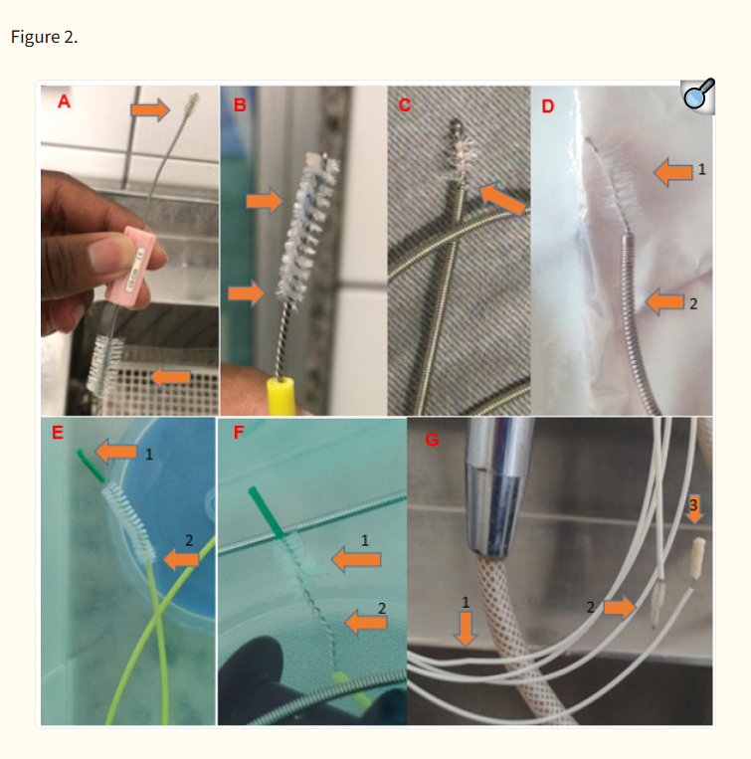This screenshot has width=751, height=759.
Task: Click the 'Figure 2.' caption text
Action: click(x=44, y=37)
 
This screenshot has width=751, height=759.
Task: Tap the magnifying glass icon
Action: click(x=697, y=95)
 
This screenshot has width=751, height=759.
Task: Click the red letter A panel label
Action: click(x=64, y=101)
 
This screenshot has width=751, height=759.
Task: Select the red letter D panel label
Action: click(x=547, y=106)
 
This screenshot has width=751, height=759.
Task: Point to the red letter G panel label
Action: click(x=432, y=440)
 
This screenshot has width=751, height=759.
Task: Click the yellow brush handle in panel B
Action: click(x=281, y=396)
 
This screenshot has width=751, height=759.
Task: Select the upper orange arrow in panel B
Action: click(x=265, y=200)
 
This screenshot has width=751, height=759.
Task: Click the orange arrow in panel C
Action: click(x=502, y=199)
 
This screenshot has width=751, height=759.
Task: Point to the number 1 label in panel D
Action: click(x=701, y=170)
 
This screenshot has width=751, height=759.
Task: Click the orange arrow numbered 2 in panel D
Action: click(x=665, y=301)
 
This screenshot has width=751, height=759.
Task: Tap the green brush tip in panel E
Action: click(x=90, y=466)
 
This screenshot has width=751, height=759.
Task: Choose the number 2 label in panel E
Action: click(x=189, y=540)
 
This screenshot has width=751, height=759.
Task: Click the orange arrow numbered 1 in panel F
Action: click(x=356, y=560)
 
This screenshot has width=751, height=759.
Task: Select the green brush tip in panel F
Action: click(x=267, y=512)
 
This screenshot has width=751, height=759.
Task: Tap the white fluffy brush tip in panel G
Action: click(x=697, y=558)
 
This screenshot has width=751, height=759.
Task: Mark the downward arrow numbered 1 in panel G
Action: click(x=466, y=629)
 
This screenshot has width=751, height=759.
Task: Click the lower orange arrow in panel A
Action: click(x=170, y=377)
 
